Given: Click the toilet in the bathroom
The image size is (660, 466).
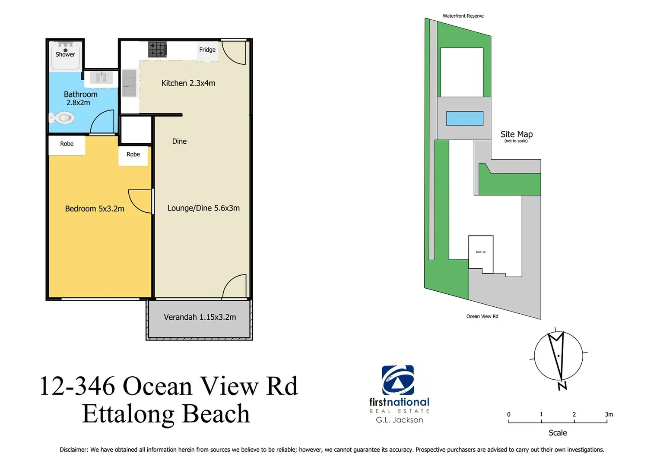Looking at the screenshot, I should [x=62, y=117].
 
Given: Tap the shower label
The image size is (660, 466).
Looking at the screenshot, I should [x=65, y=54].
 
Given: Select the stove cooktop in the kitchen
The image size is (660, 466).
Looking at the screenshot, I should [x=158, y=49].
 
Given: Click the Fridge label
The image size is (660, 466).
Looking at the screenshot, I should [x=207, y=50].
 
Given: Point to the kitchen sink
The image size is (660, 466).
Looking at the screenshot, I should [x=129, y=83].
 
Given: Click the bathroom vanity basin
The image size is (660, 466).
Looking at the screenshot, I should [x=101, y=78].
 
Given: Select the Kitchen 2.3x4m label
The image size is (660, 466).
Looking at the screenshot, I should [x=188, y=83].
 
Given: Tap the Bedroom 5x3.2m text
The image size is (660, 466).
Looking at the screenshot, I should [x=95, y=209].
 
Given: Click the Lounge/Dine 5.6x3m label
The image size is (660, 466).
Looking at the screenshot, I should [x=203, y=208].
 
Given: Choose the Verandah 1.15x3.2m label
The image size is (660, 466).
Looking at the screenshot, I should [x=200, y=317].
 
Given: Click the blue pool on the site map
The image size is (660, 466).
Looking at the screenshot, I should [x=464, y=118].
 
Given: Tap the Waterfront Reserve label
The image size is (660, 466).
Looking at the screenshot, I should [x=463, y=16].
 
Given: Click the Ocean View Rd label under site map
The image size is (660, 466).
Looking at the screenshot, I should [x=482, y=316].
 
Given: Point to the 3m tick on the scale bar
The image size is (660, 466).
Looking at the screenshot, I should [x=607, y=421].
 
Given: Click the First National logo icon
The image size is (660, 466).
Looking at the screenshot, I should [x=398, y=380].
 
